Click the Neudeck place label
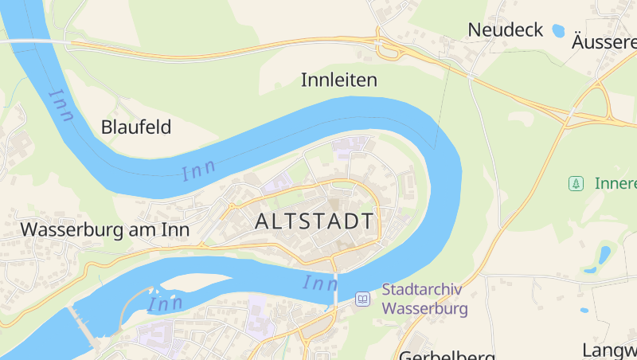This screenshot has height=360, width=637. coord(505,30)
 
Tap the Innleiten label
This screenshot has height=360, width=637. coord(338,80)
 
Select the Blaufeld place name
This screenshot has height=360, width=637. coord(136,127)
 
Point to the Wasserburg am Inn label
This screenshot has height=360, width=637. coord(104,229)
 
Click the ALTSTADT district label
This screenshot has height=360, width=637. coord(315,221)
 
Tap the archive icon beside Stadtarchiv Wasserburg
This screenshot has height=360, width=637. coord(363,299)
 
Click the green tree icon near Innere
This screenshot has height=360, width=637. coord(575,184)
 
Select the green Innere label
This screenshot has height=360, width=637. coord(616,184)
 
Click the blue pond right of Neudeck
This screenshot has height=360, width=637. coord(558,31)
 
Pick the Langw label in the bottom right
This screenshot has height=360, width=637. coord(609,350)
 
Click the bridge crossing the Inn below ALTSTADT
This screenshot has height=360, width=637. coord(335,286)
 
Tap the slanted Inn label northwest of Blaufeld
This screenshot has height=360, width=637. coord(61,104)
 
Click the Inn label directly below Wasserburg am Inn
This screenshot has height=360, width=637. coord(166,303)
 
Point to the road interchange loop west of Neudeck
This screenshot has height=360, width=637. coord(389,50)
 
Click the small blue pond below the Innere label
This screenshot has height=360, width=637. coord(604,256)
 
